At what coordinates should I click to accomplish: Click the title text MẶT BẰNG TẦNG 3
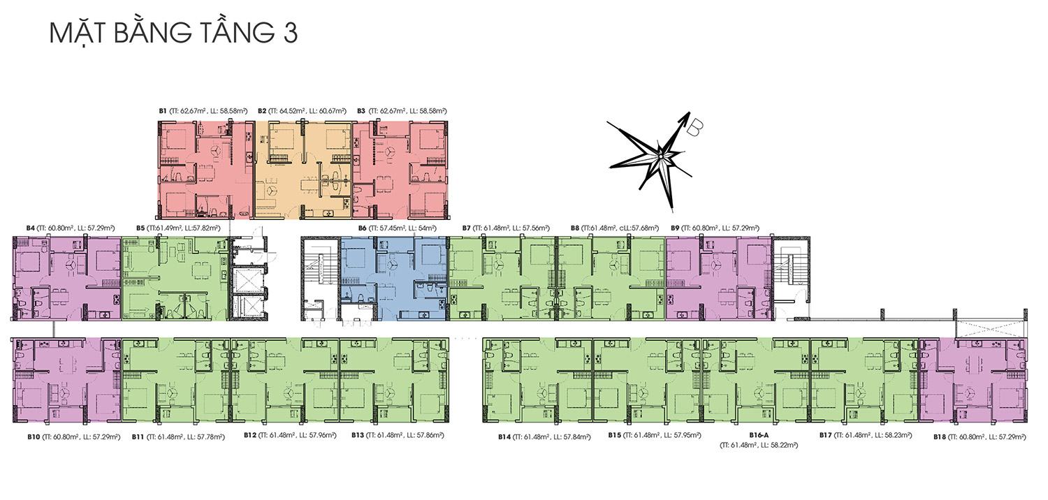[173, 33]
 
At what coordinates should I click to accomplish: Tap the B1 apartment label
[203, 111]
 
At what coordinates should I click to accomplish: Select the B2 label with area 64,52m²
[303, 111]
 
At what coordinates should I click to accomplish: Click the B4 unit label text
[71, 228]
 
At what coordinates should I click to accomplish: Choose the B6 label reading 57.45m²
[397, 228]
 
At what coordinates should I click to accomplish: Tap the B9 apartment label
[715, 228]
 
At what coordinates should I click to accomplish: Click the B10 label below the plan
[74, 437]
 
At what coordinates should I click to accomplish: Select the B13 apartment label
[398, 436]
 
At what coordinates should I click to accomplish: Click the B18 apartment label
[980, 437]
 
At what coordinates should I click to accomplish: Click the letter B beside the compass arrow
[694, 127]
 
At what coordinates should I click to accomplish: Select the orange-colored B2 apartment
[303, 170]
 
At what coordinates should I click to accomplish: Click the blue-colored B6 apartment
[393, 279]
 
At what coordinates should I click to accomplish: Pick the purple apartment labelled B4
[67, 279]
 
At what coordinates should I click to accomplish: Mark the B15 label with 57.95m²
[655, 436]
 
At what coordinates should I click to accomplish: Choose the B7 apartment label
[506, 228]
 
